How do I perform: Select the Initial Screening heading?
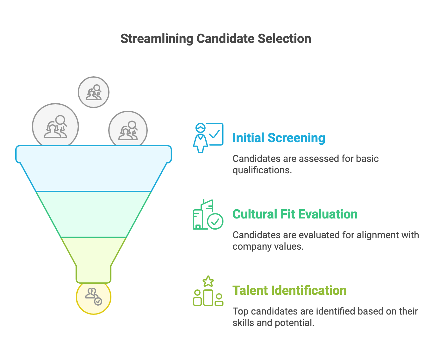279,138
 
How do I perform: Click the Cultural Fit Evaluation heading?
295,214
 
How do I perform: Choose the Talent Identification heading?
289,291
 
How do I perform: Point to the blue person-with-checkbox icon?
208,138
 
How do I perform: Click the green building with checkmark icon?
208,215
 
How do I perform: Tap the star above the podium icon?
208,281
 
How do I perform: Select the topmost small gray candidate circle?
94,92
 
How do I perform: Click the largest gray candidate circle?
55,127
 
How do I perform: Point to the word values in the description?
292,246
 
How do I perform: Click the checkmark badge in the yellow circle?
98,301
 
